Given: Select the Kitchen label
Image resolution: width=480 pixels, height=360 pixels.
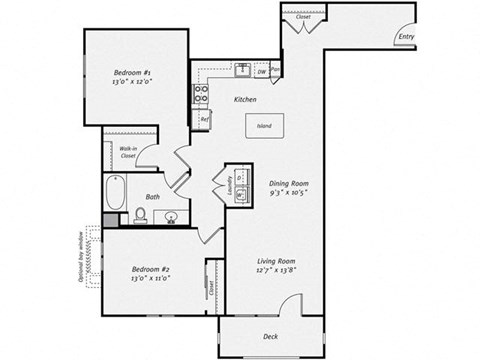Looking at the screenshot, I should click(x=246, y=101).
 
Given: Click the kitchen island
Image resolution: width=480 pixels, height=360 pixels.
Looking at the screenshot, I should click(x=265, y=127).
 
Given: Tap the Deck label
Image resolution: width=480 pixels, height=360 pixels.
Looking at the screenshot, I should click(x=270, y=336).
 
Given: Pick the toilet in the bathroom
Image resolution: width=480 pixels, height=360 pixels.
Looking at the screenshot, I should click(x=140, y=215).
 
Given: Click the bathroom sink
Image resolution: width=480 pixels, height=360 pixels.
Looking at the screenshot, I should click(x=172, y=216).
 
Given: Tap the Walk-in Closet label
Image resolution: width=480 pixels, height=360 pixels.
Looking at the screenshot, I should click(x=128, y=153).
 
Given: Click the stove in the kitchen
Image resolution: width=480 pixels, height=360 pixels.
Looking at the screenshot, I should click(x=201, y=95).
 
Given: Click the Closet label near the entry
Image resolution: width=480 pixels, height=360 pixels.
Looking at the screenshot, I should click(x=302, y=17).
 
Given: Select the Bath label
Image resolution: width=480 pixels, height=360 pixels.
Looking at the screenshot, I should click(x=153, y=198).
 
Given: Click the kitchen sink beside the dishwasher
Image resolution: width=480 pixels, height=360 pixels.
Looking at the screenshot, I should click(x=243, y=71).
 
